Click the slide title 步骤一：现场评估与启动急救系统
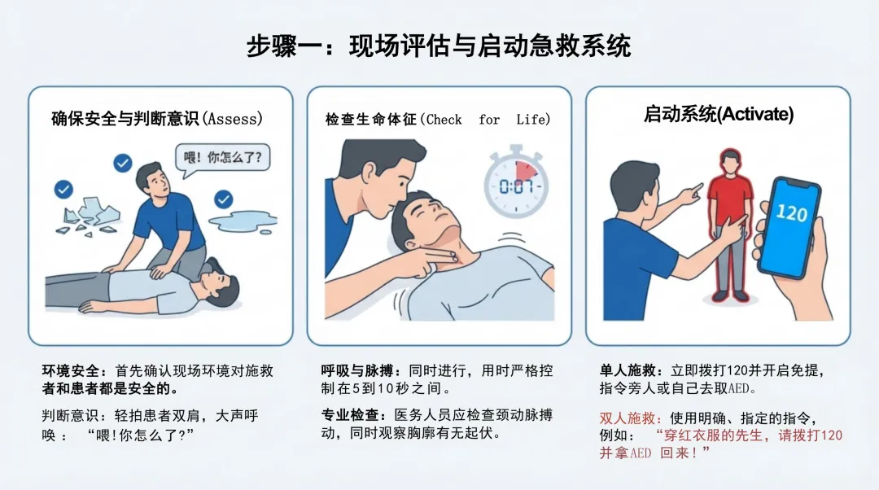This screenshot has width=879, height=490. [x=439, y=46]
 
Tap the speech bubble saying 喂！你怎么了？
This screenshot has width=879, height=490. [x=222, y=158]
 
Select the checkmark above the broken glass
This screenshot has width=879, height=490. [x=63, y=189]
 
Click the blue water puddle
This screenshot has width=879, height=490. [x=243, y=221]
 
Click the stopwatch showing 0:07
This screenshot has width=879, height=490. [x=516, y=181]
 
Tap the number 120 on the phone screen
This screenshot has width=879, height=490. [x=792, y=213]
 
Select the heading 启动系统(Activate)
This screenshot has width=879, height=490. [x=718, y=115]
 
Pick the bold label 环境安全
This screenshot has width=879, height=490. [x=71, y=370]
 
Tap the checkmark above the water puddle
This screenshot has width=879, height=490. [x=224, y=199]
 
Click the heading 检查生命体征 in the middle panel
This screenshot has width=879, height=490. [x=371, y=120]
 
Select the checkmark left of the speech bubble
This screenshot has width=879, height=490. [x=123, y=163]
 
